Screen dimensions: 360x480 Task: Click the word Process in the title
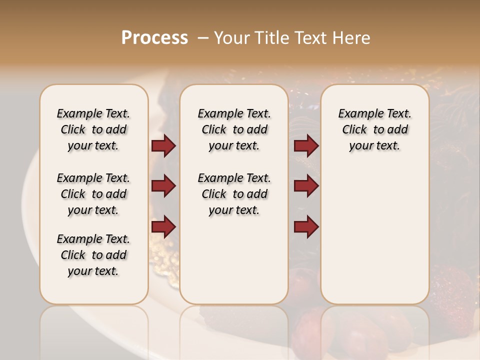[154, 38]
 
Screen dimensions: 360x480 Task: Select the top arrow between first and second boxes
[163, 146]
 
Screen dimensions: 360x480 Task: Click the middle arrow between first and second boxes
[163, 186]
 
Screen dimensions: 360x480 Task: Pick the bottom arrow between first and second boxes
[163, 227]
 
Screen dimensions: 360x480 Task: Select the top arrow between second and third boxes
[306, 146]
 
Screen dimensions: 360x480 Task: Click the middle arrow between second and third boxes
[306, 186]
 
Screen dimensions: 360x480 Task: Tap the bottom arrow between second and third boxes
[306, 227]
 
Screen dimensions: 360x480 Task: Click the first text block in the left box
[93, 129]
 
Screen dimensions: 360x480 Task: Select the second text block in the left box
[93, 194]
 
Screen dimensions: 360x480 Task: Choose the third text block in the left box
[93, 255]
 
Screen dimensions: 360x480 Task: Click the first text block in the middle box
[234, 129]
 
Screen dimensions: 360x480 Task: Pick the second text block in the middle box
[234, 194]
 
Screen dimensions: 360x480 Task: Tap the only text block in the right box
[374, 129]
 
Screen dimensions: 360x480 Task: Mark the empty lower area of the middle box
[234, 260]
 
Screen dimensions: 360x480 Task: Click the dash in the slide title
[202, 38]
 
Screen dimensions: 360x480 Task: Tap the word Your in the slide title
[231, 38]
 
